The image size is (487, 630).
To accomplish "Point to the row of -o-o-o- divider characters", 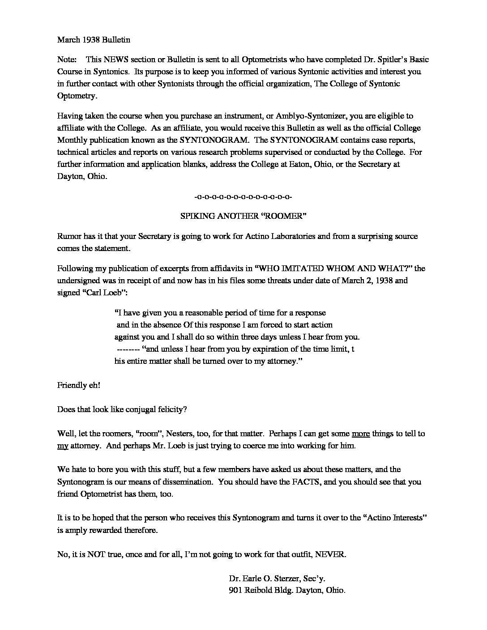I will pyautogui.click(x=243, y=196).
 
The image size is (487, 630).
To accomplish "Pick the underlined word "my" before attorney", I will pyautogui.click(x=62, y=446).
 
